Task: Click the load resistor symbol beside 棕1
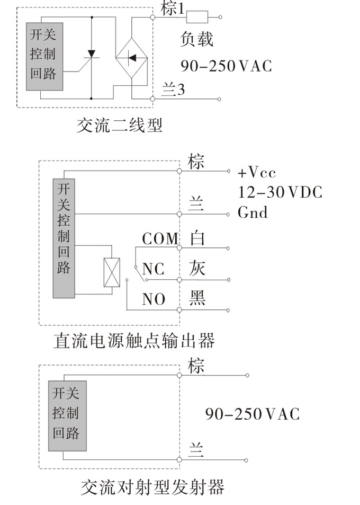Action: point(197,17)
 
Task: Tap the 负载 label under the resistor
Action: point(196,39)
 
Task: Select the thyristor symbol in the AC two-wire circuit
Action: point(92,55)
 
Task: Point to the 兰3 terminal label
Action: point(173,91)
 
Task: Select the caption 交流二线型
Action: point(120,125)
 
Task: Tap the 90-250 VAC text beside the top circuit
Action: point(226,66)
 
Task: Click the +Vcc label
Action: point(257,173)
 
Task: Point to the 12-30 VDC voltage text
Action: point(280,192)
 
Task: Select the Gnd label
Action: point(253,212)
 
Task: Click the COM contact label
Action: point(160,239)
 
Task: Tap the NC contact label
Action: point(153,269)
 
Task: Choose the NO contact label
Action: point(154,299)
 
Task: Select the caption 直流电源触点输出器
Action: point(134,340)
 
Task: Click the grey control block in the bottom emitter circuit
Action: point(67,416)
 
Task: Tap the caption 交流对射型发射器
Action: point(152,486)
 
